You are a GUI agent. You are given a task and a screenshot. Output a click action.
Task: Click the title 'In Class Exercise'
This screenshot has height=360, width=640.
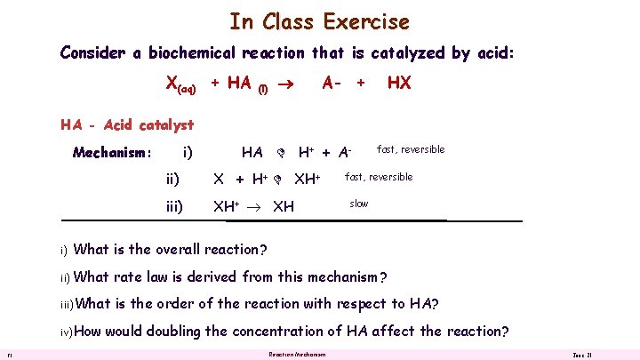[319, 20]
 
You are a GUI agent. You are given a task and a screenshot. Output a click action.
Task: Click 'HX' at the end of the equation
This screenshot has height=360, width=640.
[398, 83]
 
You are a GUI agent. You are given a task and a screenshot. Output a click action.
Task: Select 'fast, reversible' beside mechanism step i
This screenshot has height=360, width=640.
[411, 149]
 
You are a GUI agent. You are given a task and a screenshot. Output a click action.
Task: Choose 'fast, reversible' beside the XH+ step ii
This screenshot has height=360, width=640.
[379, 177]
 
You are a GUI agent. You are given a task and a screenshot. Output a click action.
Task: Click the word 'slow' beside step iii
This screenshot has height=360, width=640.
[358, 204]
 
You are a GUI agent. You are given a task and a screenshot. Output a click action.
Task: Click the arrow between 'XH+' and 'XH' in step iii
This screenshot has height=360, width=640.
[255, 207]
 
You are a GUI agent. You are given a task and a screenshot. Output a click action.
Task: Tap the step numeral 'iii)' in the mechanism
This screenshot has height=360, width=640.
[174, 206]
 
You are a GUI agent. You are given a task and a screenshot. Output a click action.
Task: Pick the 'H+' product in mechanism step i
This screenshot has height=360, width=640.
[309, 153]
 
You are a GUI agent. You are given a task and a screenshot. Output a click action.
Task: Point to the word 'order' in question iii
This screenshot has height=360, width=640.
[194, 303]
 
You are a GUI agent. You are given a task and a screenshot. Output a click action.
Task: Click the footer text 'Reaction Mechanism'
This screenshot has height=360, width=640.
[297, 355]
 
